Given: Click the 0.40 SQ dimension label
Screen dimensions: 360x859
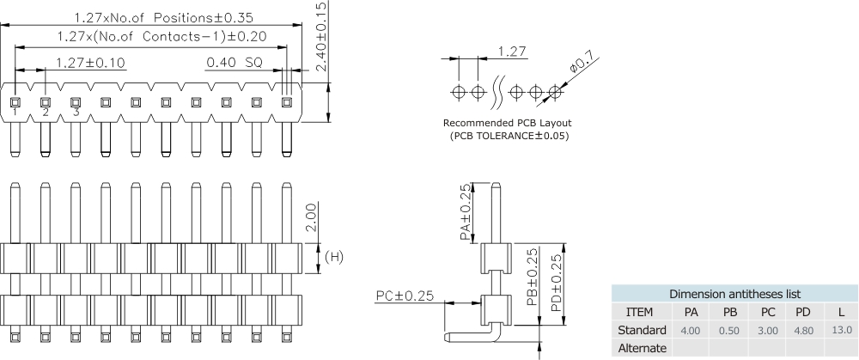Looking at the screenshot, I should click(234, 62).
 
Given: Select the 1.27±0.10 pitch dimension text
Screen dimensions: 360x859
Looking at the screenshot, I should click(89, 62).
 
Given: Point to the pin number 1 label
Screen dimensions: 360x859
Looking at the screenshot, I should click(15, 113).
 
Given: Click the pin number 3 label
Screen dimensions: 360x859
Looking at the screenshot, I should click(76, 113).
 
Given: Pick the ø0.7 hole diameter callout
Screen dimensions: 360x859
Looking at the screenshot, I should click(582, 64).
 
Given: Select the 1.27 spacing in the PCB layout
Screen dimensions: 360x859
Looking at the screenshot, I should click(512, 52).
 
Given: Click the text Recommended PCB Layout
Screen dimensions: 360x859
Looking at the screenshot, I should click(507, 123).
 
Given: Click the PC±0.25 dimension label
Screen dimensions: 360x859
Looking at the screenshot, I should click(404, 296).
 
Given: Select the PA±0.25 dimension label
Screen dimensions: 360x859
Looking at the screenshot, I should click(465, 212).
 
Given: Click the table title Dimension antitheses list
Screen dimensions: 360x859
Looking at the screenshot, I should click(734, 293).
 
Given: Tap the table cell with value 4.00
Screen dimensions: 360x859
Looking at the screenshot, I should click(690, 330).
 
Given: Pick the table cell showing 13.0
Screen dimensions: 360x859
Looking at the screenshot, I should click(841, 330).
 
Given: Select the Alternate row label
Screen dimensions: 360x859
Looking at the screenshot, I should click(643, 348).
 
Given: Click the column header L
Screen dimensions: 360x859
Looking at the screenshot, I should click(841, 311).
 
